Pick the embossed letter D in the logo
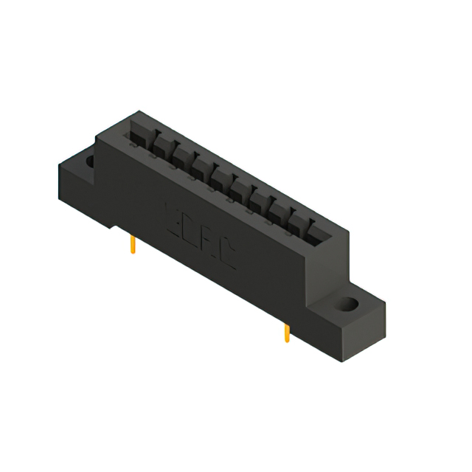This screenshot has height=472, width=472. (192, 228)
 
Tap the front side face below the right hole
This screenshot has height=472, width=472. (332, 328)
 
